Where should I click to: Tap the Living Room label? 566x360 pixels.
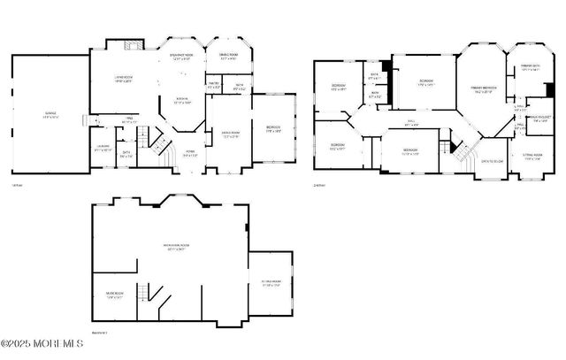tap(123, 80)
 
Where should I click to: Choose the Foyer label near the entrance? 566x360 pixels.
tap(189, 151)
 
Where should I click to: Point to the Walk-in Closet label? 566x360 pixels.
tap(540, 119)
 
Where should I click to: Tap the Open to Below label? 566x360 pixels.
tap(492, 162)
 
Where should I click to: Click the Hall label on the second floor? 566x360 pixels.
tap(411, 123)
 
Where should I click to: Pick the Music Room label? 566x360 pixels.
tap(115, 294)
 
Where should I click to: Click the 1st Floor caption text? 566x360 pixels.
tap(15, 185)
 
